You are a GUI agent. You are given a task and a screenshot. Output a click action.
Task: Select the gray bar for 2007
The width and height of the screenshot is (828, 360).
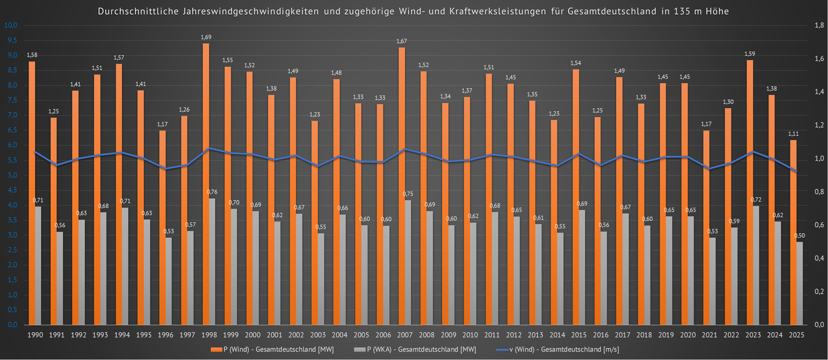point(408,262)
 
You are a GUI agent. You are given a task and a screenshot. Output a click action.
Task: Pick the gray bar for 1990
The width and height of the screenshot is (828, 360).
point(38,265)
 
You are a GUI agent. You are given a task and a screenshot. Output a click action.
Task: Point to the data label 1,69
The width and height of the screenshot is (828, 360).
point(206,37)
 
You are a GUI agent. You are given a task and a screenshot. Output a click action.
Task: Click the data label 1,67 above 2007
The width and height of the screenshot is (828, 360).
point(401,41)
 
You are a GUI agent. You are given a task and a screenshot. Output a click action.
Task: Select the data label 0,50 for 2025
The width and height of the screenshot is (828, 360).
point(799,236)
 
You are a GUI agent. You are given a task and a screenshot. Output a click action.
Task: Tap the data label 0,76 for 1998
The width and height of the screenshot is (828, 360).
point(212,192)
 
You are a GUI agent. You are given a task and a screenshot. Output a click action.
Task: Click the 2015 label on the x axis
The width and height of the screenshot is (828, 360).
point(579,335)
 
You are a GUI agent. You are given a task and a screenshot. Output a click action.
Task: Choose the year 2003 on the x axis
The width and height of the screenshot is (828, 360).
point(318,335)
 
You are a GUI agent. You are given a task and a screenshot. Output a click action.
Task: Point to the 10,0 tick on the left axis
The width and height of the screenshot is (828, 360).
point(11,25)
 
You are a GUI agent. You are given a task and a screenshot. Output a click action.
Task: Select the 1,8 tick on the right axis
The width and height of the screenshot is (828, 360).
point(819,26)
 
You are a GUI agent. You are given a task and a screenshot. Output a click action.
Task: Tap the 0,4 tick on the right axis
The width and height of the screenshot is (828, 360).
point(819,258)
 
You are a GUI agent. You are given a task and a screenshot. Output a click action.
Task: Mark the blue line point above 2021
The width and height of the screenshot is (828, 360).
point(709,169)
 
